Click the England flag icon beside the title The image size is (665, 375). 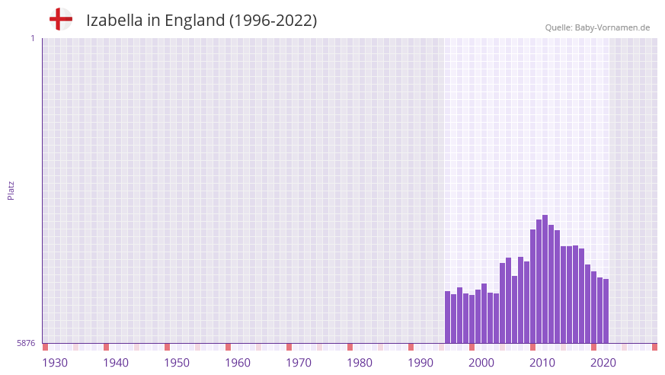coord(60,19)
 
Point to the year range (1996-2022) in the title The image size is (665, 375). coord(273,21)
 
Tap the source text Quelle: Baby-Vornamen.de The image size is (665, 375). coord(597,27)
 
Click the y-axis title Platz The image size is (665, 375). coord(11,190)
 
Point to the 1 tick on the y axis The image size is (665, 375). coord(32,38)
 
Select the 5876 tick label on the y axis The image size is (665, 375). coord(26,344)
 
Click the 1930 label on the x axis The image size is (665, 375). coord(55,363)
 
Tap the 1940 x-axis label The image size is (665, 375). coord(116,363)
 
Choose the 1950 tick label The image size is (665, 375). coord(177,363)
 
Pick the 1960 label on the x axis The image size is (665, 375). coord(238,363)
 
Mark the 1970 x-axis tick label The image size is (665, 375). coord(299,363)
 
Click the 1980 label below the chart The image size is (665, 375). coord(360,363)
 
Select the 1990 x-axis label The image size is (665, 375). coord(420,363)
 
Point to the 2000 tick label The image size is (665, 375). coord(481,363)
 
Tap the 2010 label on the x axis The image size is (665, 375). coord(542,363)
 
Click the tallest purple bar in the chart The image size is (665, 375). coord(545,279)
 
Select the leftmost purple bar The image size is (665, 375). coord(448,317)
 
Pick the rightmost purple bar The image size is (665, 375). coord(606,311)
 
